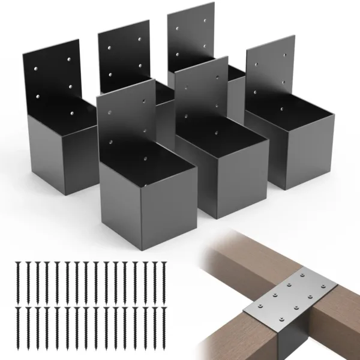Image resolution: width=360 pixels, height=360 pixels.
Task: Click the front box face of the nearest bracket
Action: (x=147, y=204)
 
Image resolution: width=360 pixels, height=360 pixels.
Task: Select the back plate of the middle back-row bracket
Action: (x=123, y=54)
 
